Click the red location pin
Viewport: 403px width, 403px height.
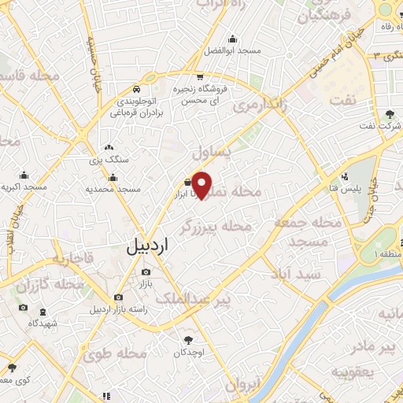[x=202, y=185]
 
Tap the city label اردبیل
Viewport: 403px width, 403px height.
[x=146, y=246]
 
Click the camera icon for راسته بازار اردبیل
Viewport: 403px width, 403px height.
[x=118, y=298]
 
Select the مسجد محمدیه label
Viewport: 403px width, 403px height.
[x=113, y=189]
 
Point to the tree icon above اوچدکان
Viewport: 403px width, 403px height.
[x=188, y=339]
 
